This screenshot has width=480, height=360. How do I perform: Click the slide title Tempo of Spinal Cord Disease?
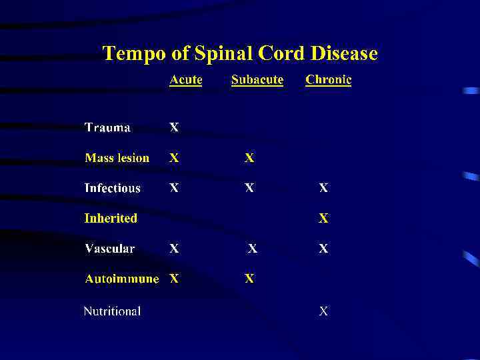pos(240,53)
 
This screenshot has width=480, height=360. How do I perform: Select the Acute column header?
pos(185,80)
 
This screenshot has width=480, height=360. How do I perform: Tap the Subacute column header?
pos(257,80)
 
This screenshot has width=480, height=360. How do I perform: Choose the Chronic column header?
pos(328,80)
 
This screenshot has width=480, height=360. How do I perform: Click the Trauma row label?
pos(107,127)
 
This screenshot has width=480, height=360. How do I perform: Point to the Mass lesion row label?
pos(117,158)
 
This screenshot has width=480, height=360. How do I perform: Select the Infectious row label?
pos(112,188)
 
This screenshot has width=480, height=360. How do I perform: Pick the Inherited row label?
pos(110,218)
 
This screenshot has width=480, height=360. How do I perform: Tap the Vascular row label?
pos(109,249)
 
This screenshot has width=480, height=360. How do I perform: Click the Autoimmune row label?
pos(121,279)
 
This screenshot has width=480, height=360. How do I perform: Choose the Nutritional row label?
pos(111,311)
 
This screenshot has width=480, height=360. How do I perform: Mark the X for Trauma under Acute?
pos(174,127)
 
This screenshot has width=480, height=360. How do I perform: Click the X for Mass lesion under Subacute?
pos(249,158)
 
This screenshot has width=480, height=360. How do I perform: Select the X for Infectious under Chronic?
pos(323,188)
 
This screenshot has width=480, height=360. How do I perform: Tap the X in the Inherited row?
pos(323,218)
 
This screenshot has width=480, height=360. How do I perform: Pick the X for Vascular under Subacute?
pos(253,249)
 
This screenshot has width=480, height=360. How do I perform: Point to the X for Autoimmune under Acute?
pos(174,279)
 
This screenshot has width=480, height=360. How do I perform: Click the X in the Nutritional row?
pos(323,311)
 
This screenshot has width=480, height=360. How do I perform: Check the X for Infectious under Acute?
pos(174,188)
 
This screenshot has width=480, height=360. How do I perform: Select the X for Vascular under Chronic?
pos(323,249)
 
